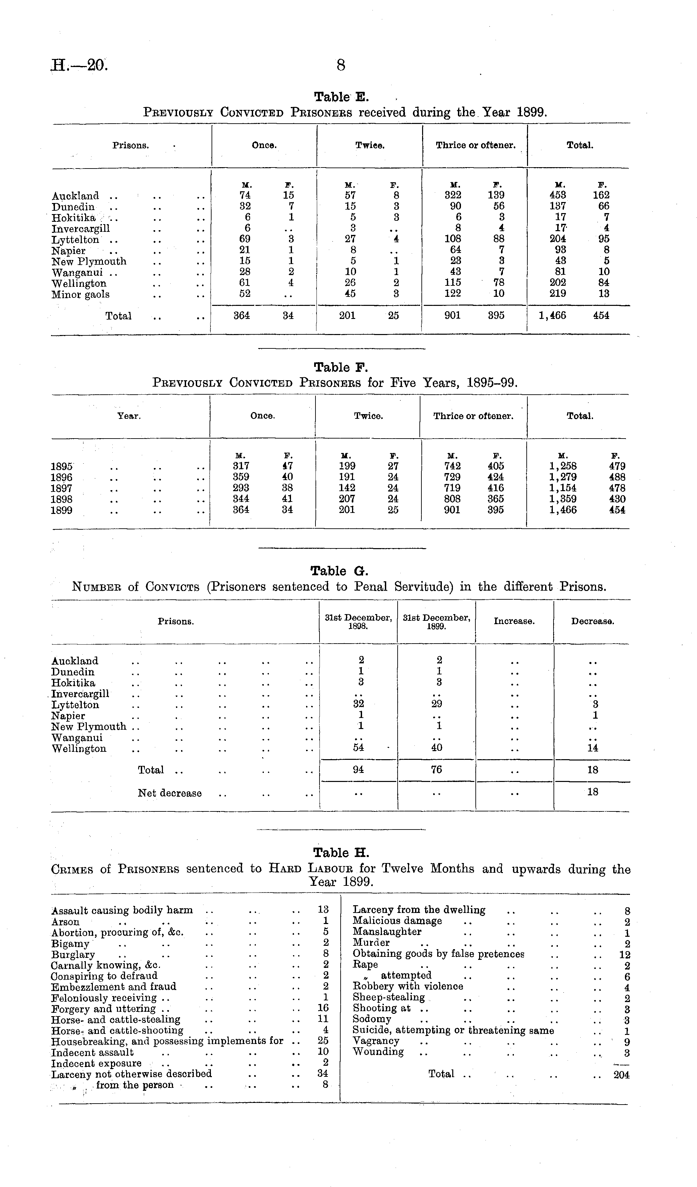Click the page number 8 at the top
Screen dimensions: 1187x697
pos(341,65)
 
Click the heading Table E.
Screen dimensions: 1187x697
pos(342,97)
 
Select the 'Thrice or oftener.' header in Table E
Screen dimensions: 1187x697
pos(475,145)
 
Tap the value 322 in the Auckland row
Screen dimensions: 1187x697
pos(452,195)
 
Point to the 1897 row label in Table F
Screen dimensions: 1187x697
pos(61,488)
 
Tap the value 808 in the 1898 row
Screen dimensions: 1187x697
pos(452,499)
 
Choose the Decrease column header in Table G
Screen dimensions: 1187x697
pos(592,621)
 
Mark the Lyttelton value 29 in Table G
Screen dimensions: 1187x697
pos(437,704)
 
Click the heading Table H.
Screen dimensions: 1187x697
pos(341,853)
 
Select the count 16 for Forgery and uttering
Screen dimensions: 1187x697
pos(323,1008)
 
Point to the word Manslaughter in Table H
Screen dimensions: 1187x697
pos(387,932)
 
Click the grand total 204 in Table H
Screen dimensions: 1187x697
pos(621,1075)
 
